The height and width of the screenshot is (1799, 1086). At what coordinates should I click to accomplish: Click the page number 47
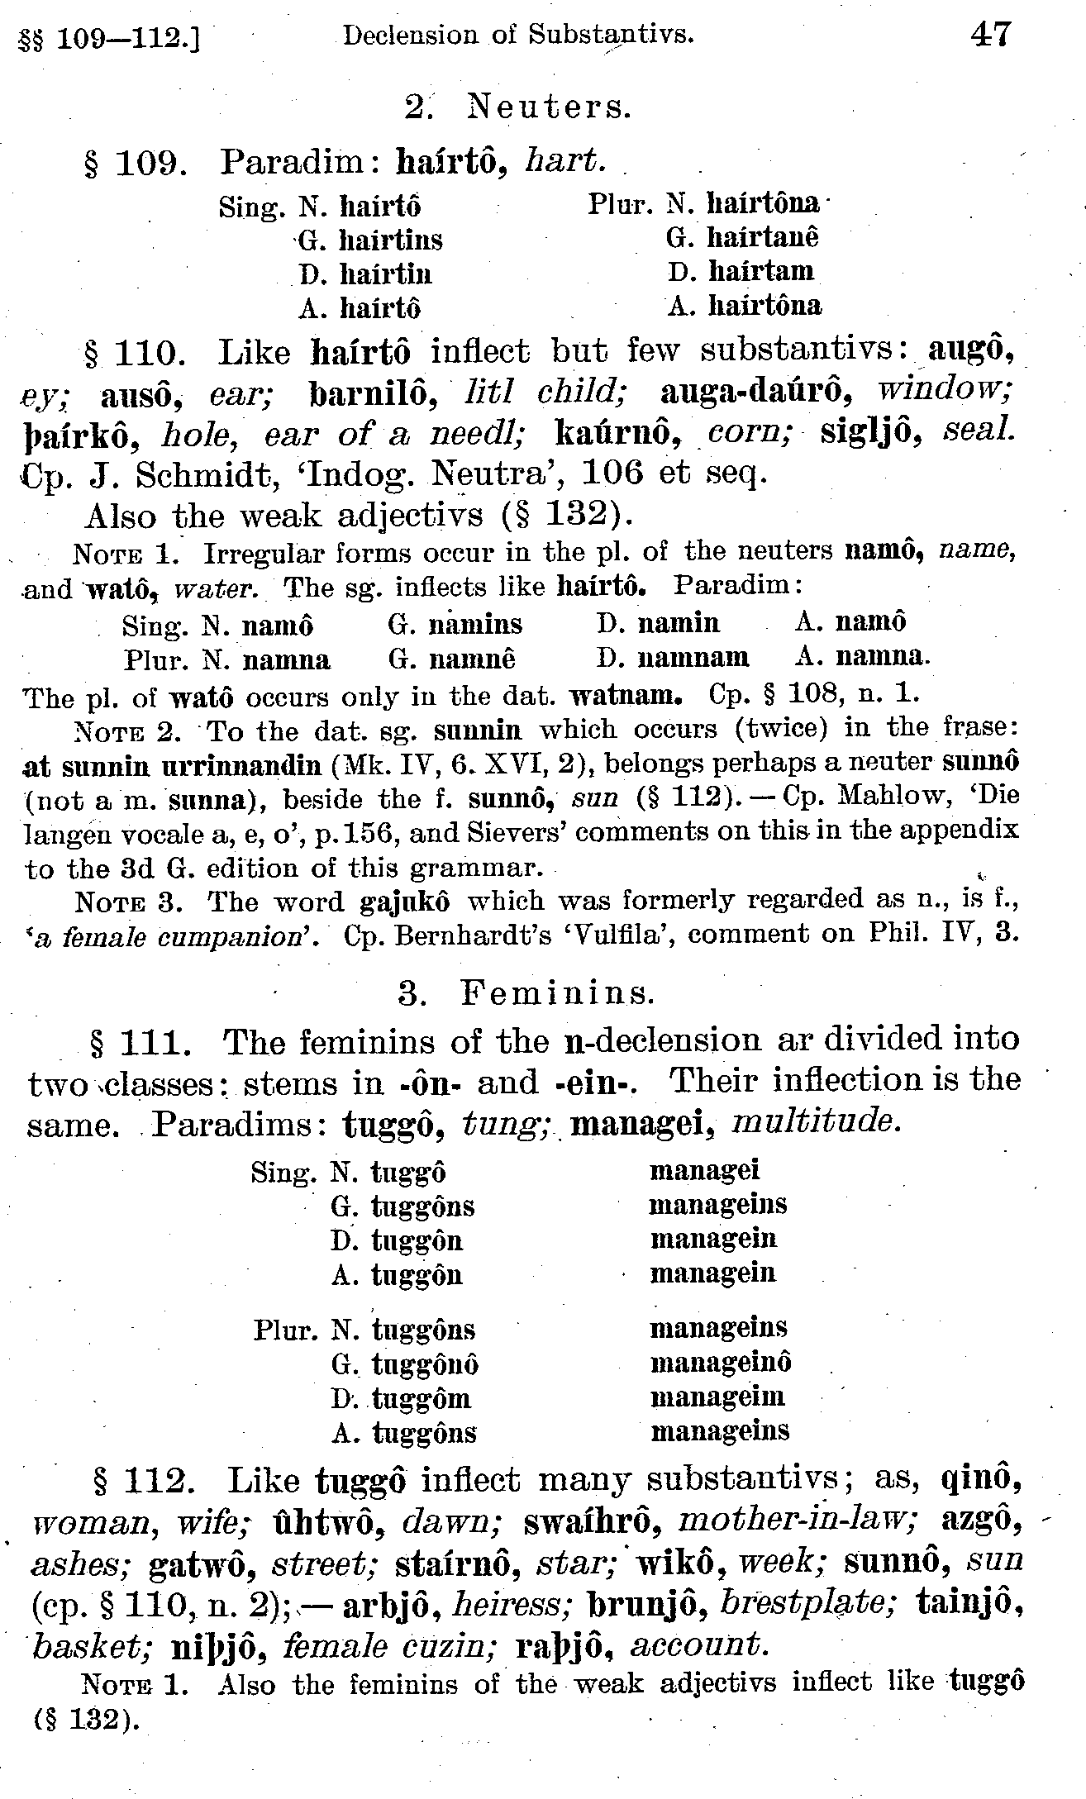[992, 35]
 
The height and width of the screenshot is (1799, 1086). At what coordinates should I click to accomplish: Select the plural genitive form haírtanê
[764, 238]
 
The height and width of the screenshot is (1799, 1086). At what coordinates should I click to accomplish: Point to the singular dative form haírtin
[386, 274]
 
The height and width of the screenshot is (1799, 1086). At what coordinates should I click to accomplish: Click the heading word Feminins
[558, 992]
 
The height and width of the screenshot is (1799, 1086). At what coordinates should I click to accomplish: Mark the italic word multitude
[814, 1122]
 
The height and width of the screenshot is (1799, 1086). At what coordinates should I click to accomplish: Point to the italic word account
[700, 1646]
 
